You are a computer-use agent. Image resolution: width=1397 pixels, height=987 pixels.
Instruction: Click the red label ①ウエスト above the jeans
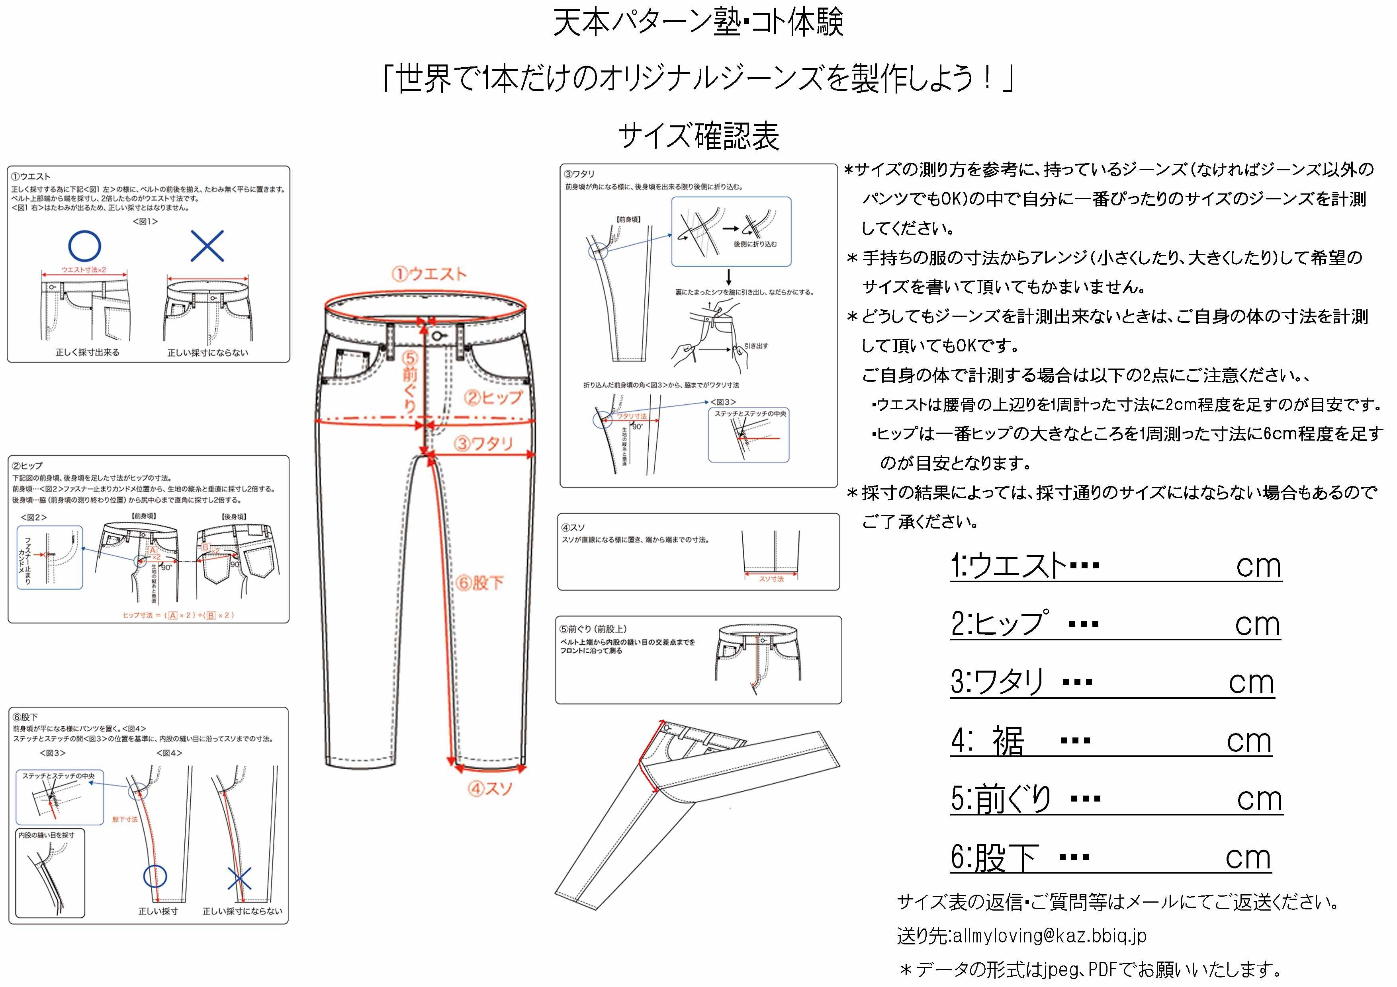429,274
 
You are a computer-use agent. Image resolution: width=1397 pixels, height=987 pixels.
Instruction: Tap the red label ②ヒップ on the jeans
493,398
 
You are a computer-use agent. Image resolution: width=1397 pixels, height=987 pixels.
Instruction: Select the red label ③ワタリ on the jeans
484,443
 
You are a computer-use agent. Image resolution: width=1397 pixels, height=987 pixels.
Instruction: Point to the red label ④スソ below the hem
490,789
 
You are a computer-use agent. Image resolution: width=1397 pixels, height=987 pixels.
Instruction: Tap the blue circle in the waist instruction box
84,246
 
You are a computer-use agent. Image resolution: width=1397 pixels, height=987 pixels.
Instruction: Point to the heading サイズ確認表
698,136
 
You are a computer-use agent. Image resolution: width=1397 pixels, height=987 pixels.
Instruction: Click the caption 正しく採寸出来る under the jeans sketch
88,353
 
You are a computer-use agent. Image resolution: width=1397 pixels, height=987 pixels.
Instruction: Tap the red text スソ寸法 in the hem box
771,579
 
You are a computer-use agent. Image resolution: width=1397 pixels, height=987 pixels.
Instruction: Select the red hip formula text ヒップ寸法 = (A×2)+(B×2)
178,615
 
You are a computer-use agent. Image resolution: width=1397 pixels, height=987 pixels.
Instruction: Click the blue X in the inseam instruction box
239,879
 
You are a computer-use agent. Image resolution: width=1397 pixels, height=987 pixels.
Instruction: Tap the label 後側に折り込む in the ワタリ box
755,244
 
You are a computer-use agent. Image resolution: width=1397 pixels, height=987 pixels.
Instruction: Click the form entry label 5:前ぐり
1001,800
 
